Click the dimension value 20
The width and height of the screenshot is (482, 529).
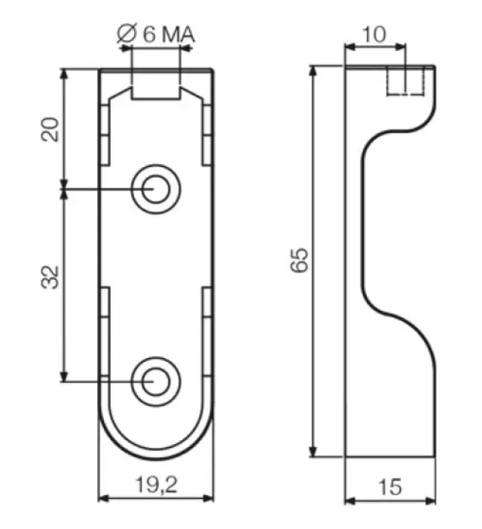(50, 129)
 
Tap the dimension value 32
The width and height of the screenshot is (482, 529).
(50, 278)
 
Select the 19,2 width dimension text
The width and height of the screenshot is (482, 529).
(156, 485)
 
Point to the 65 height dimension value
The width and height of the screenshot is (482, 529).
(299, 260)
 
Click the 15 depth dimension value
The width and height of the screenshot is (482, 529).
(390, 487)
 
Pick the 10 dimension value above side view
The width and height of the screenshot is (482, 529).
(374, 35)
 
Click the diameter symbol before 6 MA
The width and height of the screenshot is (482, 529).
(127, 33)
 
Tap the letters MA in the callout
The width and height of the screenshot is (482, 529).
(178, 35)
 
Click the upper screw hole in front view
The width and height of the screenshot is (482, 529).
(156, 189)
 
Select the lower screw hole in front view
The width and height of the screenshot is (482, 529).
(156, 382)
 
